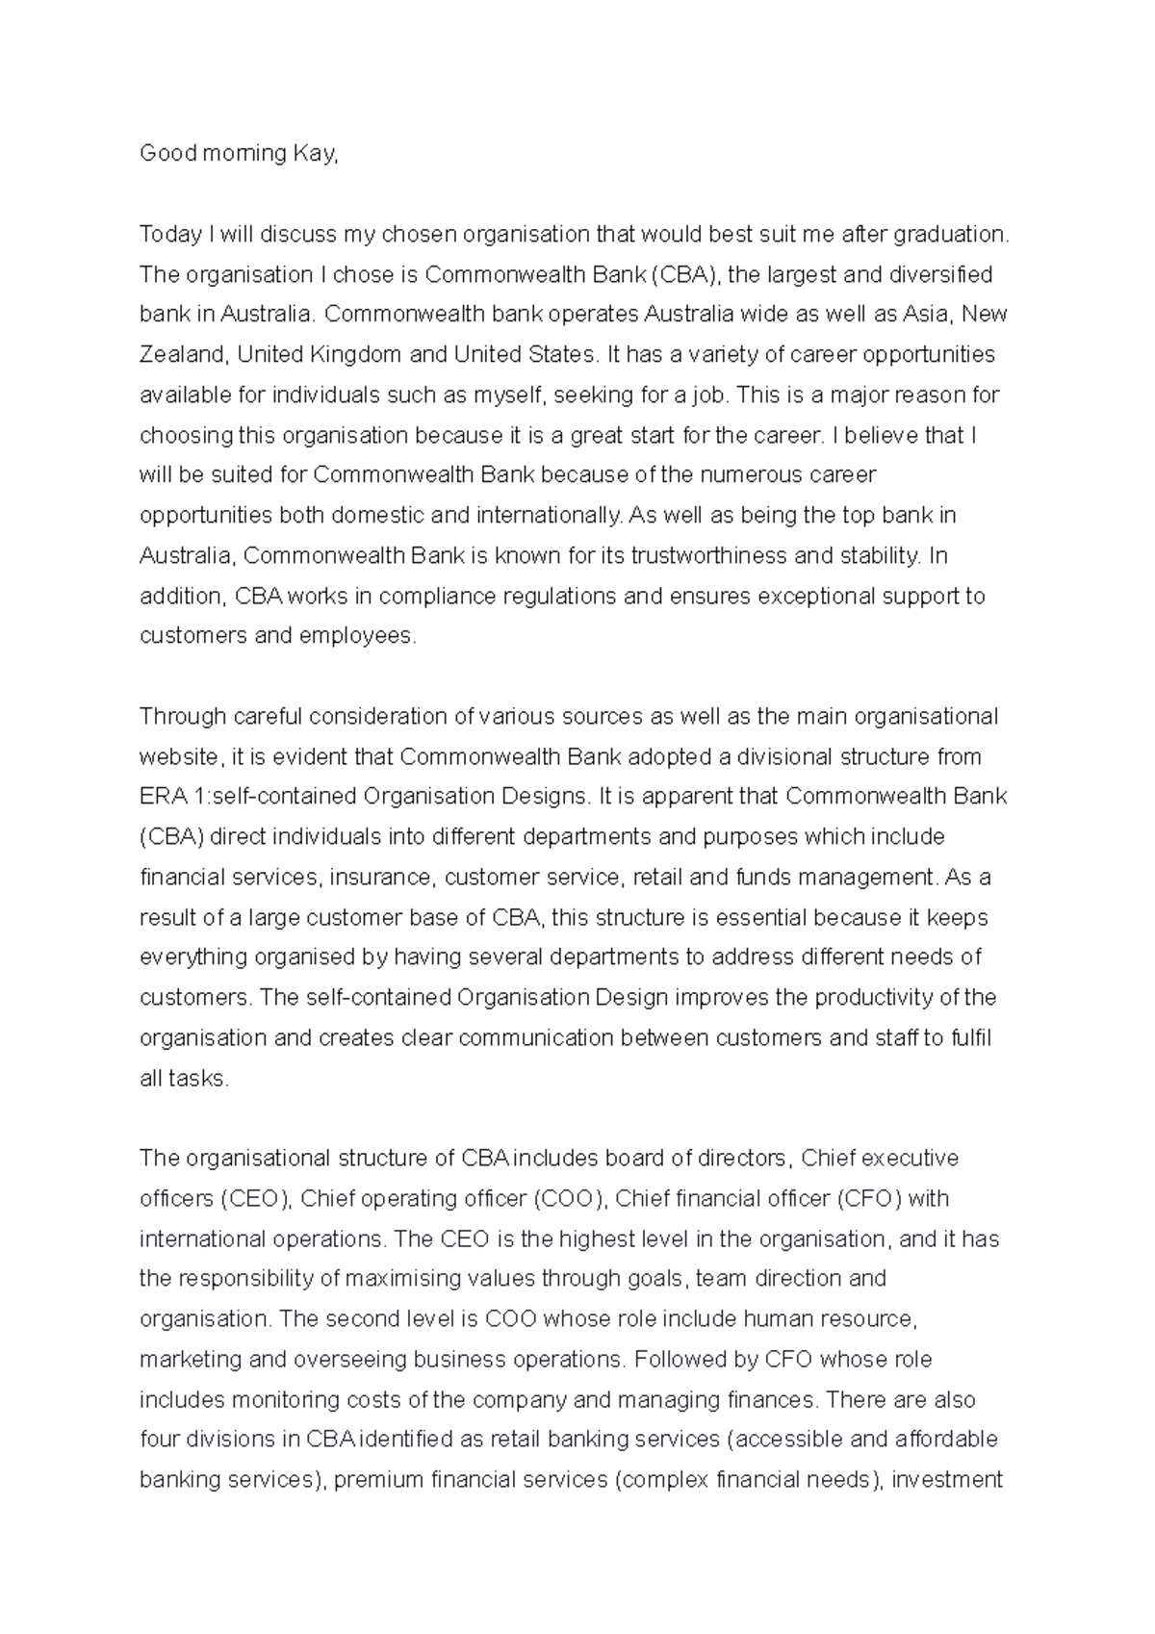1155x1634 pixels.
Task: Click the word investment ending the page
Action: tap(947, 1480)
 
